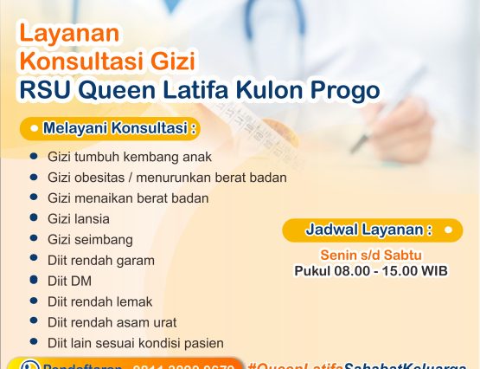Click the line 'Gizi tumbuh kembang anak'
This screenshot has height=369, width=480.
(130, 158)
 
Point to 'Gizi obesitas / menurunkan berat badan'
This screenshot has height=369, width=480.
(167, 178)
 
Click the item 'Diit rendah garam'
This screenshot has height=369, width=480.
(101, 260)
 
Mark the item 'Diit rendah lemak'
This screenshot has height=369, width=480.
(100, 301)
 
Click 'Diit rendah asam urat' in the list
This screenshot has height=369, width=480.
(112, 322)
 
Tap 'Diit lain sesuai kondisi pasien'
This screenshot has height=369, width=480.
(136, 343)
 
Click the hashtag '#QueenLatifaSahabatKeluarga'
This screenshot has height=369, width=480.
(362, 364)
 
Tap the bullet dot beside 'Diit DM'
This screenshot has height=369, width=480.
(33, 281)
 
